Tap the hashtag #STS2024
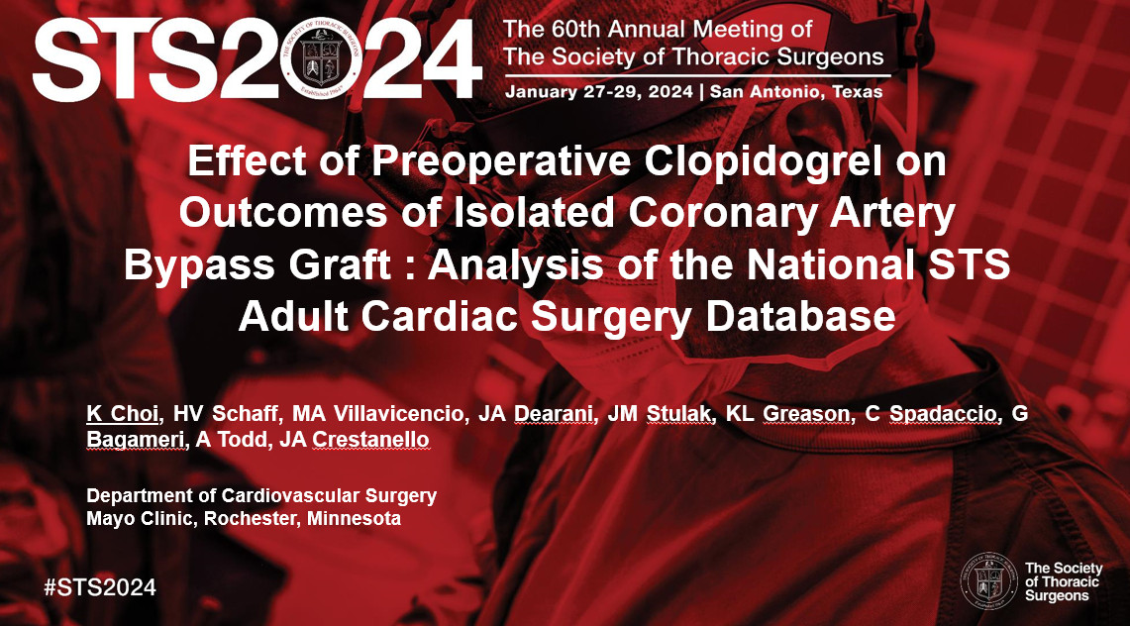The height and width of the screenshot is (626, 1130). coord(100,586)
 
